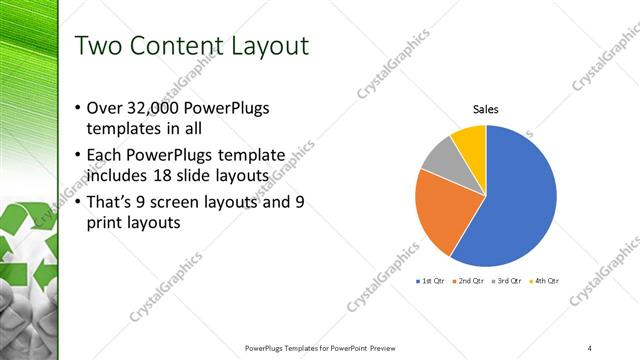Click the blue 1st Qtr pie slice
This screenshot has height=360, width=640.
[520, 200]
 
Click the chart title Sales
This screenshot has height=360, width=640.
[486, 110]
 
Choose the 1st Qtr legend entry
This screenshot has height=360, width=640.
[429, 281]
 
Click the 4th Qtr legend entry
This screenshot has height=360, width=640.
[544, 281]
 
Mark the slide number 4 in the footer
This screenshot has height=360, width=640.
[590, 347]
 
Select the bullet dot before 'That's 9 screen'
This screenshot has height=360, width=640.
[79, 203]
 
